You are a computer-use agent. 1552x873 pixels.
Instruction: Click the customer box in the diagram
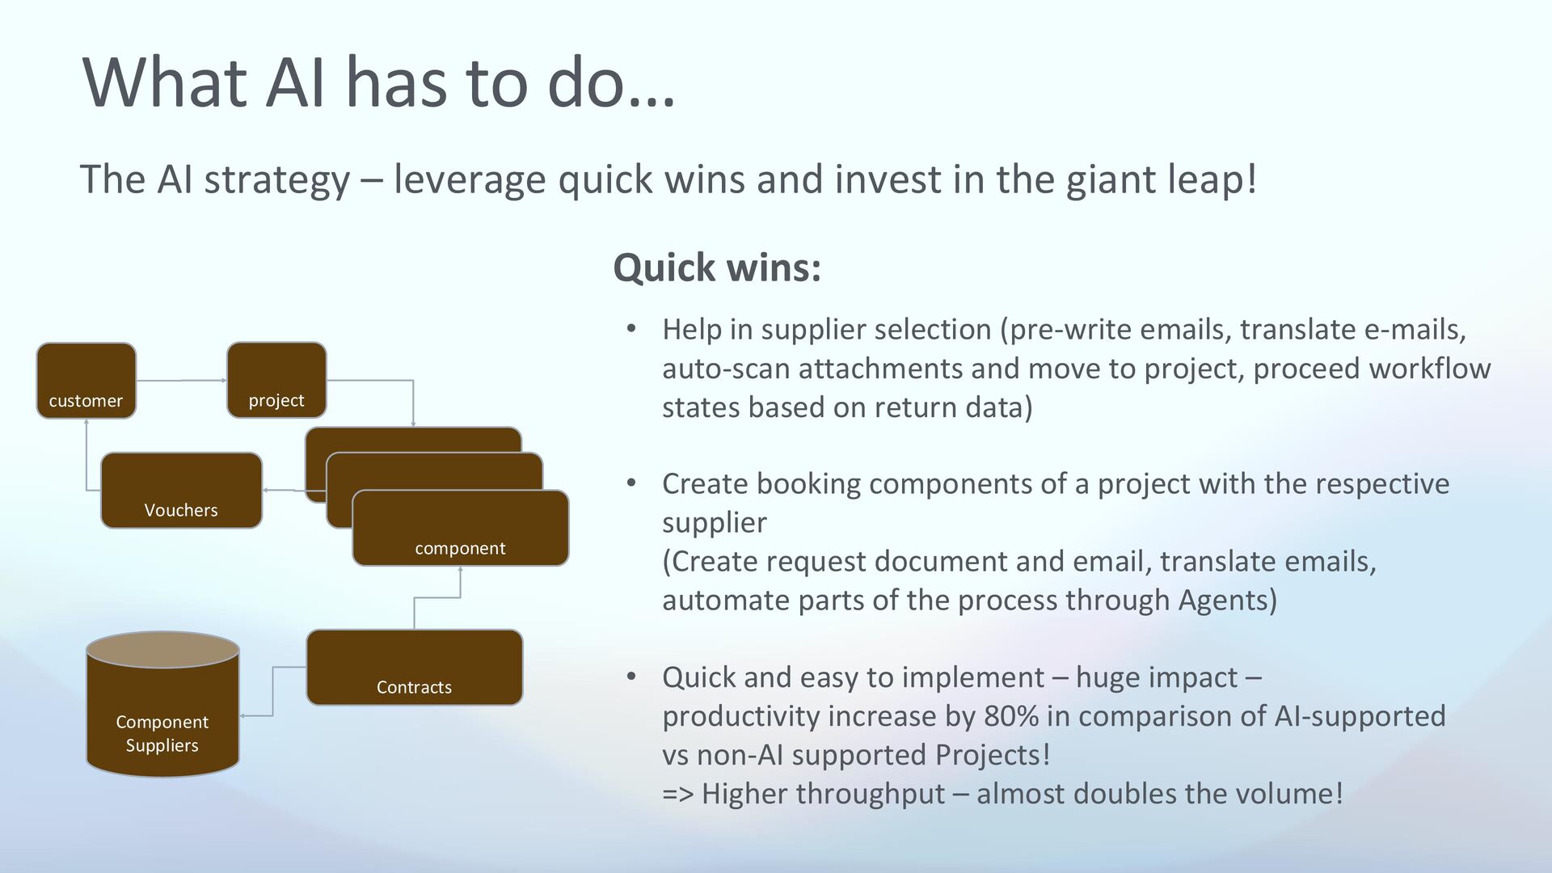coord(86,381)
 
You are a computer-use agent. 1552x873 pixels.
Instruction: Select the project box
coord(276,380)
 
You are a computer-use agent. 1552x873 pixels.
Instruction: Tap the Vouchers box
coord(181,490)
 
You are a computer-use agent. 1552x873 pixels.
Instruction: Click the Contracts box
coord(414,667)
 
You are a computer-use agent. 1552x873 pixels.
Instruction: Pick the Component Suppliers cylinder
coord(162,704)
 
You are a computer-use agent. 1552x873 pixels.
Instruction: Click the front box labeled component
coord(460,528)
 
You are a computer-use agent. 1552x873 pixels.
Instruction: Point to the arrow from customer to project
coord(181,380)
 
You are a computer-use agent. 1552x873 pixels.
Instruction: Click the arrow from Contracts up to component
coord(437,598)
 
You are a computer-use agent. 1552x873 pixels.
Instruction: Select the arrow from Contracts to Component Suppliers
coord(272,691)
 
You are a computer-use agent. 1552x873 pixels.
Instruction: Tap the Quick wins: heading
coord(717,268)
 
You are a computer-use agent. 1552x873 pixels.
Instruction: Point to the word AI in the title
coord(296,82)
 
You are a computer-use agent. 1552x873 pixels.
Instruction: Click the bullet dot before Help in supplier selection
coord(631,329)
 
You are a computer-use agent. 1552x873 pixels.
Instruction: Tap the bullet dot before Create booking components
coord(631,483)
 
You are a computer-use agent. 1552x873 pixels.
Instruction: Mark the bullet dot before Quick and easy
coord(631,677)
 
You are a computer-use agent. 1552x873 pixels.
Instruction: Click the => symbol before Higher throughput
coord(677,794)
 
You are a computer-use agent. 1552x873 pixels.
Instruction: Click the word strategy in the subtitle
coord(277,179)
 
